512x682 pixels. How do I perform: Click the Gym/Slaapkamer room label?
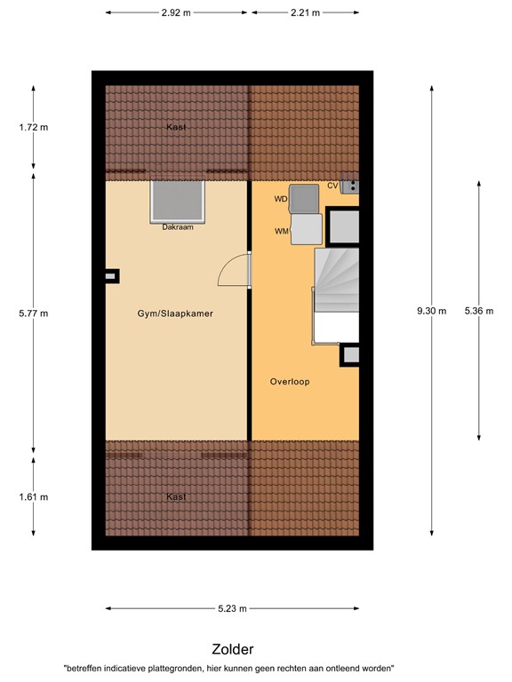click(175, 313)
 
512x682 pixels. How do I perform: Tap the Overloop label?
click(289, 381)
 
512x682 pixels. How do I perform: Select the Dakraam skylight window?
click(178, 202)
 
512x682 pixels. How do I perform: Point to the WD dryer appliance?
click(304, 199)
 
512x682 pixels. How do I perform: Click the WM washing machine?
click(307, 229)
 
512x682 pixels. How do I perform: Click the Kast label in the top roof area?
click(176, 127)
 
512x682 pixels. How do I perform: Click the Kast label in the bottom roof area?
click(176, 496)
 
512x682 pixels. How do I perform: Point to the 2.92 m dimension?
click(177, 13)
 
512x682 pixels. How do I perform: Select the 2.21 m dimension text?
click(305, 13)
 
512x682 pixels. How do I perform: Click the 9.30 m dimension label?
click(432, 311)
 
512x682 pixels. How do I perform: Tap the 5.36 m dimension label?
click(478, 311)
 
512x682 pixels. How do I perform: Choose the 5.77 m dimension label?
click(35, 313)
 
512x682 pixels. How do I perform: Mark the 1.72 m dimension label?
click(35, 127)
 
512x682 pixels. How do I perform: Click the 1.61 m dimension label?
click(35, 496)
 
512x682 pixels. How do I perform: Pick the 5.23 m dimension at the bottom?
click(232, 608)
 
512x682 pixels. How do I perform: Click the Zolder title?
click(232, 649)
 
